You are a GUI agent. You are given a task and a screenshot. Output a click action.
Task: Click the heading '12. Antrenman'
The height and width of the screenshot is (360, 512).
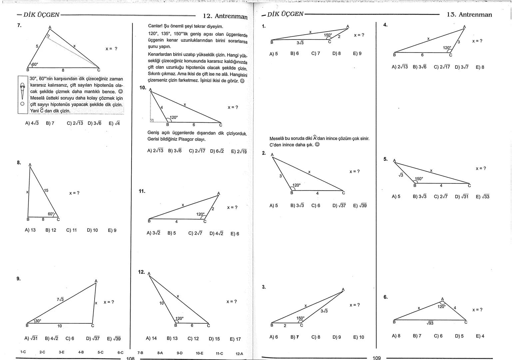point(225,16)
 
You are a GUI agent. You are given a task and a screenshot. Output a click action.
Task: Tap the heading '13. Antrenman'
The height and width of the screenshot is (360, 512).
point(469,15)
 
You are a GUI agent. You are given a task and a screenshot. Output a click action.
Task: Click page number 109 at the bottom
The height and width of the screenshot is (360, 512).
point(376,358)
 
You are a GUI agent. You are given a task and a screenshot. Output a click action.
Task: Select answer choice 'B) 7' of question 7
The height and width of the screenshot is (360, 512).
point(50,123)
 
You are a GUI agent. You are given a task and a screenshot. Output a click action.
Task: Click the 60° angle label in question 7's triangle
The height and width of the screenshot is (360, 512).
point(35,64)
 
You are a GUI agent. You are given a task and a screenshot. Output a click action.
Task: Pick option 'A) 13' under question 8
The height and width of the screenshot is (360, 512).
point(30,230)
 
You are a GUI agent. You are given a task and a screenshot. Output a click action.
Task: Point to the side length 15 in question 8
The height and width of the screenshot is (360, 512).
point(46,190)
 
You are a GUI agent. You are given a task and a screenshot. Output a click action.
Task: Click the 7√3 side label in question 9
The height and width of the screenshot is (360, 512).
point(60,299)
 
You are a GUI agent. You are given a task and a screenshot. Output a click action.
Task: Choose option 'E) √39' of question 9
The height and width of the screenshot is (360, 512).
point(114,339)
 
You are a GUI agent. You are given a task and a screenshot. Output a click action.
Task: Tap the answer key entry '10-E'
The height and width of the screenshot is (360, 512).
point(200,353)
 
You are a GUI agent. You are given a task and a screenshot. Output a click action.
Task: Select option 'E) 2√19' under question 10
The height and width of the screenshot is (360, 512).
point(239,151)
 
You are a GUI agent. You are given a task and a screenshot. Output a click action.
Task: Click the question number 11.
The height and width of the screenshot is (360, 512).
point(142,191)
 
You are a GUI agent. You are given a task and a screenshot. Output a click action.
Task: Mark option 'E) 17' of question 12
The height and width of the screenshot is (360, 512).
point(235,339)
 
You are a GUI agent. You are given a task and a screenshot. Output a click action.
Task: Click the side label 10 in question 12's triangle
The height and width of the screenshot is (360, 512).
point(162,303)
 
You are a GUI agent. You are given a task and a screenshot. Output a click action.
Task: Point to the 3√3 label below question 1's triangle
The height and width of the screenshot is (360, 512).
point(300,43)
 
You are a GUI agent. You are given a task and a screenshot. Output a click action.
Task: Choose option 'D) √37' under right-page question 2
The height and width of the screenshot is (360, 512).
point(339,206)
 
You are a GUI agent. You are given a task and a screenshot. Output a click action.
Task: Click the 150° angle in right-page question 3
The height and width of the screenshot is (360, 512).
point(300,318)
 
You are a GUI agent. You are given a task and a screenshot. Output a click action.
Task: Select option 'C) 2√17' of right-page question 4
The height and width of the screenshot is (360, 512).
point(442,67)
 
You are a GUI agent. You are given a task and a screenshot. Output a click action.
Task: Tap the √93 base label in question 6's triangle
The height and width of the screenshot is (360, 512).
point(430,323)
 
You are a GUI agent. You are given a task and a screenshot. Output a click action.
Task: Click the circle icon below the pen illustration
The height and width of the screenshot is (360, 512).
point(22,104)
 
